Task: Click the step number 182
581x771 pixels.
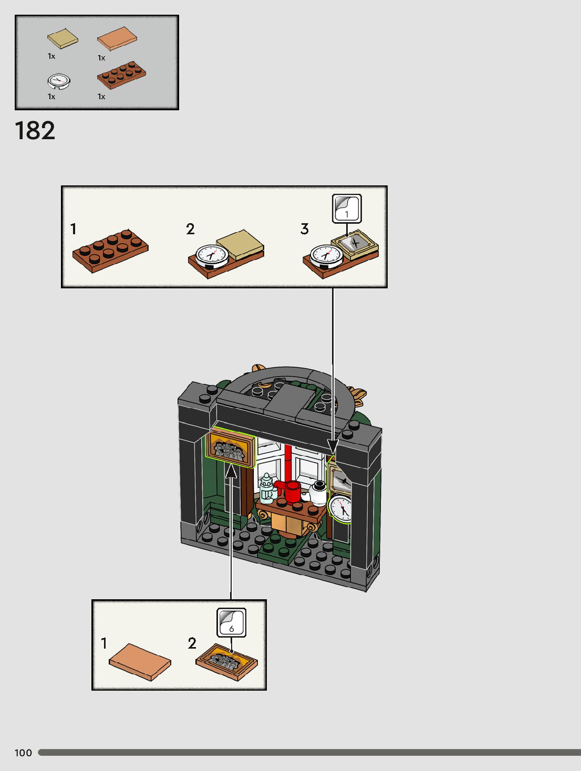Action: click(x=35, y=131)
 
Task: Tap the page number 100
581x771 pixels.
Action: click(x=23, y=753)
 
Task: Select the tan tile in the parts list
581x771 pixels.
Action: click(x=63, y=38)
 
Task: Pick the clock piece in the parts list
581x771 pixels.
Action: click(x=58, y=81)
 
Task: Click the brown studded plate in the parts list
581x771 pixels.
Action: click(x=121, y=75)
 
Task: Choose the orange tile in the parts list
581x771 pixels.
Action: click(x=117, y=38)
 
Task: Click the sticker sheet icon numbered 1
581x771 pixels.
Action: click(x=347, y=209)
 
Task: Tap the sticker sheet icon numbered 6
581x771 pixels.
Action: click(x=232, y=622)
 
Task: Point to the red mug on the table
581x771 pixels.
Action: click(x=292, y=492)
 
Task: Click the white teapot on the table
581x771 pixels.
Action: click(x=318, y=493)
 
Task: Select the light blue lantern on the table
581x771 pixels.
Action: click(x=267, y=488)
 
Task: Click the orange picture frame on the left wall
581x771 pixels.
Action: click(x=230, y=447)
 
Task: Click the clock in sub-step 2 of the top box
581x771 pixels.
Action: click(x=211, y=255)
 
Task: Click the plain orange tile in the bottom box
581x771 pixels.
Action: click(x=140, y=661)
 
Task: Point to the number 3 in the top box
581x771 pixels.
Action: click(x=305, y=228)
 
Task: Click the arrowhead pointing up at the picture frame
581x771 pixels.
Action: click(x=231, y=471)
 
